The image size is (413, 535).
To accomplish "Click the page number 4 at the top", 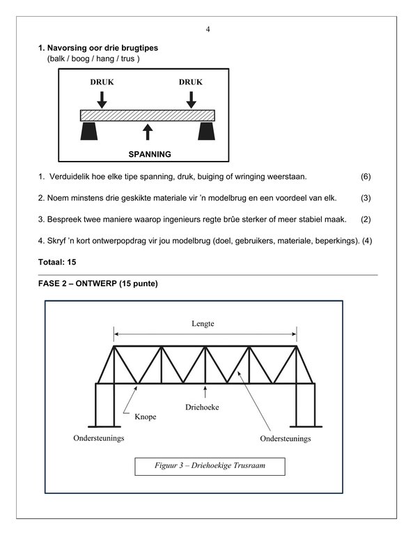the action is pyautogui.click(x=208, y=29).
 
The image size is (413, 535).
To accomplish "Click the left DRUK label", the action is pyautogui.click(x=102, y=82).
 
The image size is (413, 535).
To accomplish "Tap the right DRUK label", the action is pyautogui.click(x=191, y=82).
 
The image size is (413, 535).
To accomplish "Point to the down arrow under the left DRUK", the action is pyautogui.click(x=102, y=100).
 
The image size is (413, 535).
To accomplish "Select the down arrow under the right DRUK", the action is pyautogui.click(x=192, y=100).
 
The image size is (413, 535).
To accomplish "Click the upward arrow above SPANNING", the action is pyautogui.click(x=148, y=132).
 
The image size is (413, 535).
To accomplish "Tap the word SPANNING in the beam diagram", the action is pyautogui.click(x=150, y=154).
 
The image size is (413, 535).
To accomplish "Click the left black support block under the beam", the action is pyautogui.click(x=89, y=131).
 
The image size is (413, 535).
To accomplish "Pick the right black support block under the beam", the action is pyautogui.click(x=206, y=131).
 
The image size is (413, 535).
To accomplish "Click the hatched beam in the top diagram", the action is pyautogui.click(x=148, y=116).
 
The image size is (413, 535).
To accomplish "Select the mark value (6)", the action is pyautogui.click(x=366, y=177).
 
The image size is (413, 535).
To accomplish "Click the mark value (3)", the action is pyautogui.click(x=366, y=198).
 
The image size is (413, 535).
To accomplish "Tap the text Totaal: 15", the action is pyautogui.click(x=57, y=262).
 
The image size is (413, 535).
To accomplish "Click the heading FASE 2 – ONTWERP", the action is pyautogui.click(x=98, y=284).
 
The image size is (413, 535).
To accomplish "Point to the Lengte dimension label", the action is pyautogui.click(x=203, y=323).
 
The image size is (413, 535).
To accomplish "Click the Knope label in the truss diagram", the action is pyautogui.click(x=146, y=417).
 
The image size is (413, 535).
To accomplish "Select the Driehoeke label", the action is pyautogui.click(x=202, y=407).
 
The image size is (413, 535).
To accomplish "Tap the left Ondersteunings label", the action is pyautogui.click(x=99, y=438).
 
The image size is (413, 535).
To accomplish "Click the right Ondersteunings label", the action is pyautogui.click(x=286, y=438).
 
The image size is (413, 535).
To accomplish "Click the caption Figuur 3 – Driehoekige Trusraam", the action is pyautogui.click(x=210, y=465).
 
